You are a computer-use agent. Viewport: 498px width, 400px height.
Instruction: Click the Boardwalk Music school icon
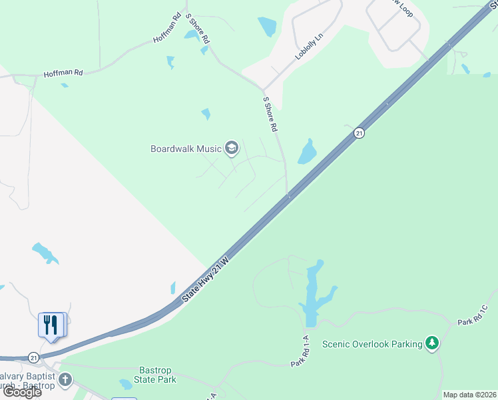(232, 148)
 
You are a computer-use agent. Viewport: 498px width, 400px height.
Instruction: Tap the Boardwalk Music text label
(186, 149)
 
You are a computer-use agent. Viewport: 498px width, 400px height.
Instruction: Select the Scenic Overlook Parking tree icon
(433, 343)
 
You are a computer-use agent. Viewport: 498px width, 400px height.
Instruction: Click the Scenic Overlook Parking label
(372, 344)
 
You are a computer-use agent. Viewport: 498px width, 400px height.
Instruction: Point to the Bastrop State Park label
(157, 375)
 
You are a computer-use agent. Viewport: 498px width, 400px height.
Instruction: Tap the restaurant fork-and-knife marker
(51, 325)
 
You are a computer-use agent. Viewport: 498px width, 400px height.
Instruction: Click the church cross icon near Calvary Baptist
(65, 380)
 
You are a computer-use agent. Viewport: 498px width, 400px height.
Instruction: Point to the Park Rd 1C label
(474, 315)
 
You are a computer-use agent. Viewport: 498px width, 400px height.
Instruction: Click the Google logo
(22, 392)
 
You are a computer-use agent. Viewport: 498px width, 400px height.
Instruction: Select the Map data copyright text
(469, 395)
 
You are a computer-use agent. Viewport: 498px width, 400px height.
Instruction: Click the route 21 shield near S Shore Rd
(359, 133)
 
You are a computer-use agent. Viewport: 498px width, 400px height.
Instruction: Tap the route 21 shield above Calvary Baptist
(34, 357)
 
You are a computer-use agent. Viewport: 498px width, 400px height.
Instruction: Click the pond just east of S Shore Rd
(308, 152)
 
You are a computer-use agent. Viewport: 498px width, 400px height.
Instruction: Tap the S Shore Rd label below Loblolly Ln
(270, 114)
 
